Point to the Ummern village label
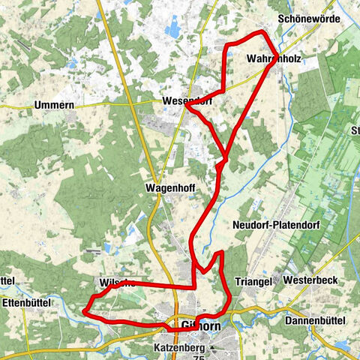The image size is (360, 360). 54,106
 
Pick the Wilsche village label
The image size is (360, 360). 116,283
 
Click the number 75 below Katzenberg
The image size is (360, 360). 198,358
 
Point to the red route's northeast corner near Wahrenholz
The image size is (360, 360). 262,34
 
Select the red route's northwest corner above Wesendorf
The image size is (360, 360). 226,47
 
